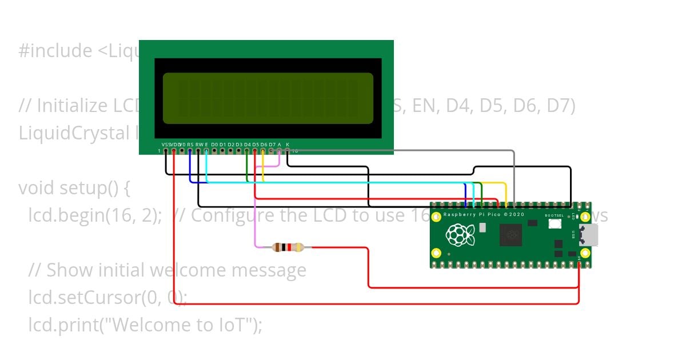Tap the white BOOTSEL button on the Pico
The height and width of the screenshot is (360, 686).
(x=554, y=223)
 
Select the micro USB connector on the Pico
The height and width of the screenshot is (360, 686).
(x=589, y=234)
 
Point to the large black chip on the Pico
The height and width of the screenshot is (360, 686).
(x=510, y=235)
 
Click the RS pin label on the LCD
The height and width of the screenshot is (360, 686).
(x=190, y=145)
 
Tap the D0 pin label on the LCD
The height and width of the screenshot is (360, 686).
(x=214, y=145)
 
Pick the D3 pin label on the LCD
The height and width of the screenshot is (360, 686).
(x=239, y=145)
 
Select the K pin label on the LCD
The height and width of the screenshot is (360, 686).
(x=288, y=145)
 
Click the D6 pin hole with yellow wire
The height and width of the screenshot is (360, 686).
(x=263, y=151)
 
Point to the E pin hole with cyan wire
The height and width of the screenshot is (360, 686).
(x=206, y=151)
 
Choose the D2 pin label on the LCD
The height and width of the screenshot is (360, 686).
(x=231, y=145)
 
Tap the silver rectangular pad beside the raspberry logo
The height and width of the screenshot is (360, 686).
(x=482, y=227)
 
